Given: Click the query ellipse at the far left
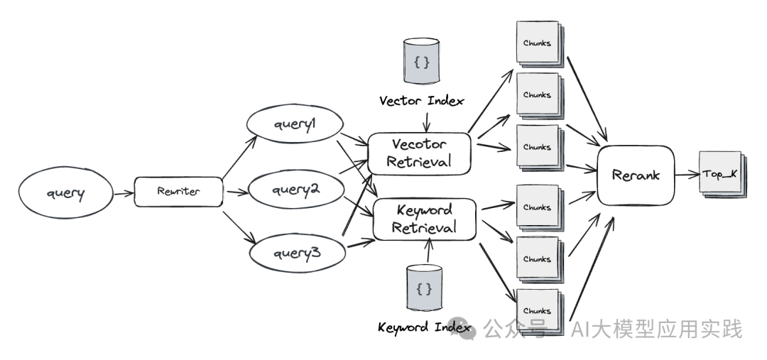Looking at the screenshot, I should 65,191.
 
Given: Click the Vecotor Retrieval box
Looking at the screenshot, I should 419,153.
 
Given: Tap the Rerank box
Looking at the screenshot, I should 634,175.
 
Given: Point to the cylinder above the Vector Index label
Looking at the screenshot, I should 421,63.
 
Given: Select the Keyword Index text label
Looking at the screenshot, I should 424,327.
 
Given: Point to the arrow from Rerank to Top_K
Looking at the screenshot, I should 685,175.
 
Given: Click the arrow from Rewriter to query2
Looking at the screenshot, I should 234,191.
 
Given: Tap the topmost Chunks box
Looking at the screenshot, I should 537,44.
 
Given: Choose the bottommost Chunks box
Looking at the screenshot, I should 537,311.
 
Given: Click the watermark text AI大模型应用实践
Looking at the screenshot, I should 657,329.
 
